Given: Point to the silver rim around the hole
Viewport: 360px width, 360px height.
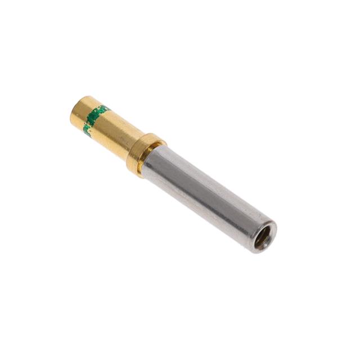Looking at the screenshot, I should point(269,233).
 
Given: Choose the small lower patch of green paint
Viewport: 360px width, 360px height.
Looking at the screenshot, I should point(87,129).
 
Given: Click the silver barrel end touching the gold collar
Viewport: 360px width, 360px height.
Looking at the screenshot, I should point(152,163).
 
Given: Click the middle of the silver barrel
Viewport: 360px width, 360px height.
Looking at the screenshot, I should point(205,197).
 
